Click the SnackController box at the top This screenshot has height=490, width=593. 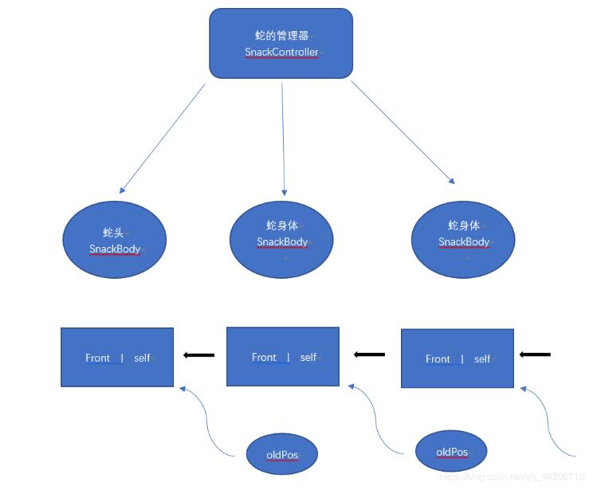[281, 44]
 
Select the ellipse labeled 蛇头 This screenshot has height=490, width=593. [115, 240]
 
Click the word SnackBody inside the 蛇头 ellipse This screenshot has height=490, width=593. [115, 249]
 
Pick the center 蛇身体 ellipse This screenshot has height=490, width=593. [281, 235]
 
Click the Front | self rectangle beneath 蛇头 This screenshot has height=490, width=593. [117, 358]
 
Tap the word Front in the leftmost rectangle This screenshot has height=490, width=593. [98, 359]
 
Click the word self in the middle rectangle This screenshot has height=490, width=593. [308, 358]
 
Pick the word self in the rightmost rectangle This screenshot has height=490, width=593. [482, 359]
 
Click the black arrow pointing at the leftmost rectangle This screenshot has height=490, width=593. [199, 355]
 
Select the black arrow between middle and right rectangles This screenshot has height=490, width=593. [369, 355]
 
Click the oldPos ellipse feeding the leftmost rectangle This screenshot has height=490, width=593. [281, 455]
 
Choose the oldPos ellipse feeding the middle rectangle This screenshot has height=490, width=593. [451, 452]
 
